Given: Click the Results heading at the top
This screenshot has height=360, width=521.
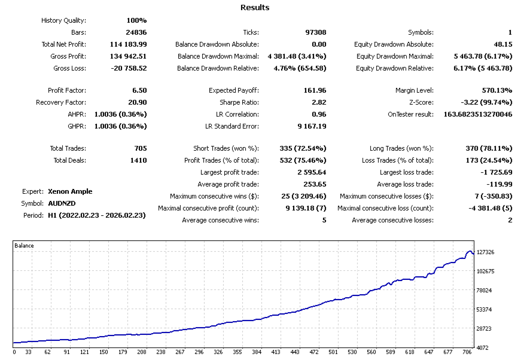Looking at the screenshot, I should tap(255, 8).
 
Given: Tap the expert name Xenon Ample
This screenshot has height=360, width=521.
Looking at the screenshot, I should tap(70, 191).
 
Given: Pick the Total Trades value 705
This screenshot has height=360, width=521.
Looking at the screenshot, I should tap(138, 148).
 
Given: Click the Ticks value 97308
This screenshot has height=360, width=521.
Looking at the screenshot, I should tap(315, 32).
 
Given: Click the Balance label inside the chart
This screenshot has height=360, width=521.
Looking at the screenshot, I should tap(25, 246).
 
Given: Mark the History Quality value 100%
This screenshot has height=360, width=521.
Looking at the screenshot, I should tap(136, 20).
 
